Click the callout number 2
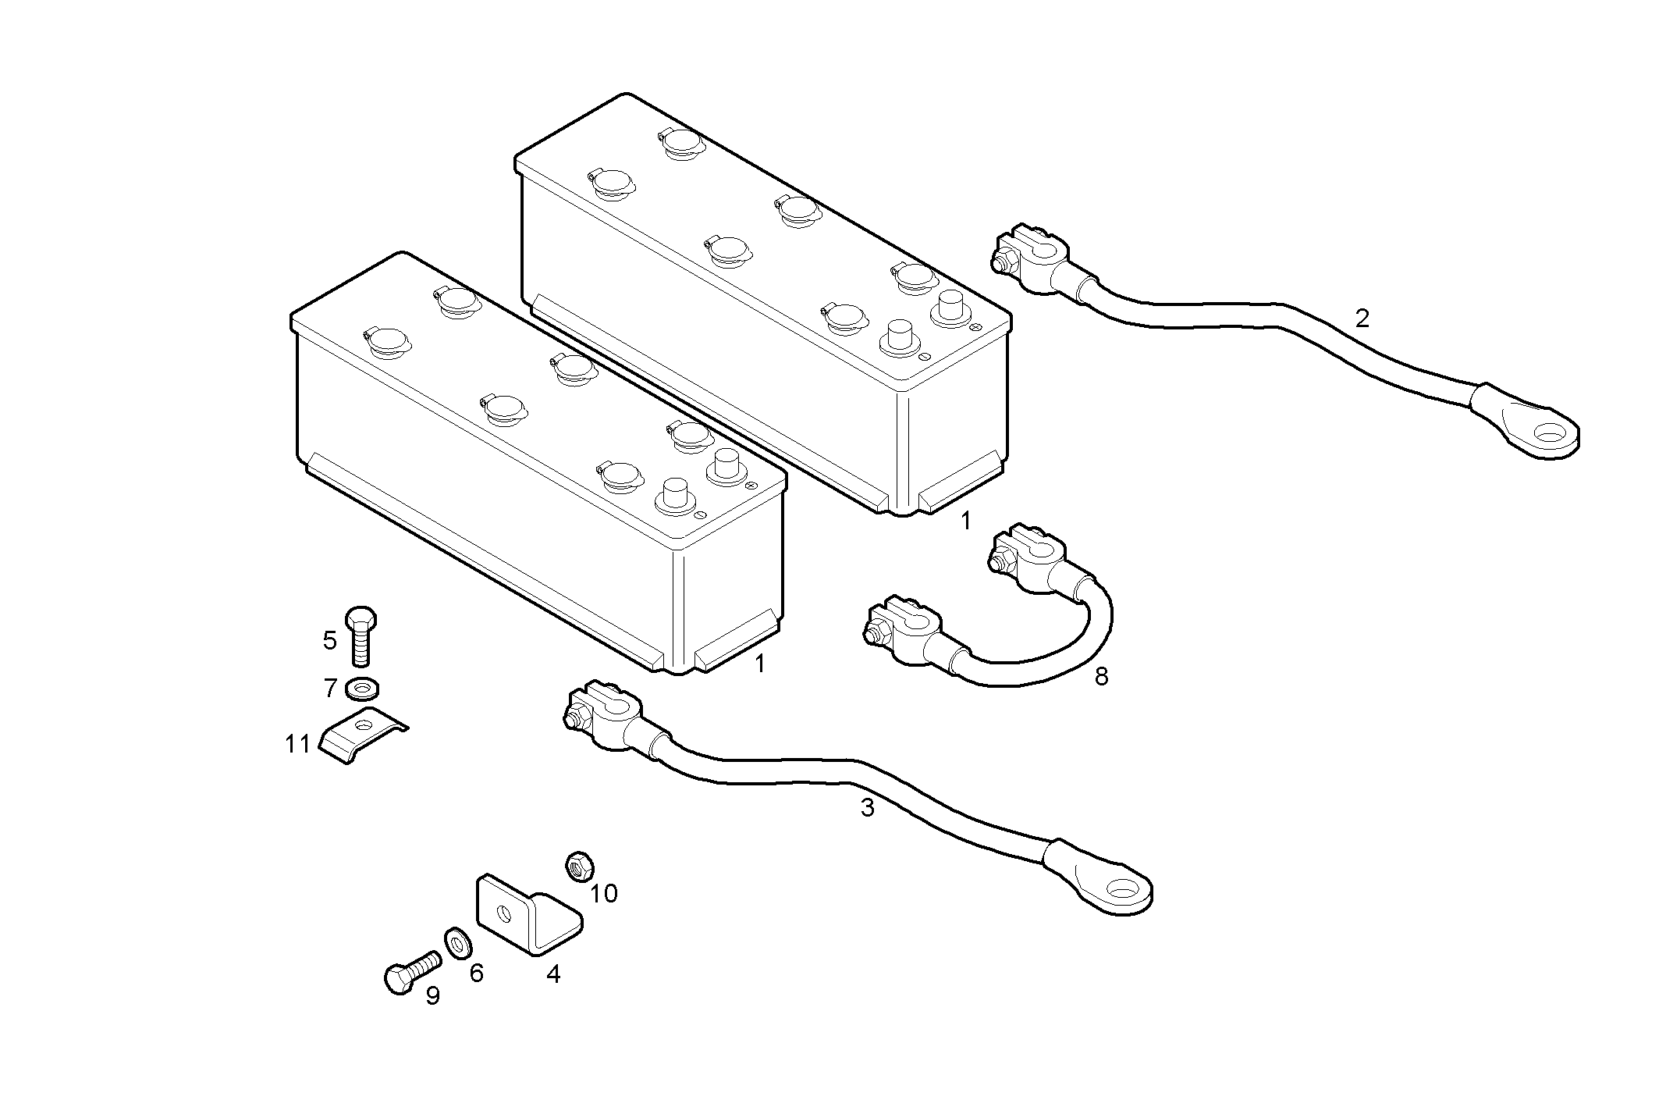click(x=1362, y=319)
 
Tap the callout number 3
click(x=867, y=808)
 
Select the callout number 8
click(x=1101, y=676)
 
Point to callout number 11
click(x=298, y=745)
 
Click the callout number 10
click(x=604, y=893)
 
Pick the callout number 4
click(x=553, y=974)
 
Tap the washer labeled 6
click(x=457, y=943)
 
